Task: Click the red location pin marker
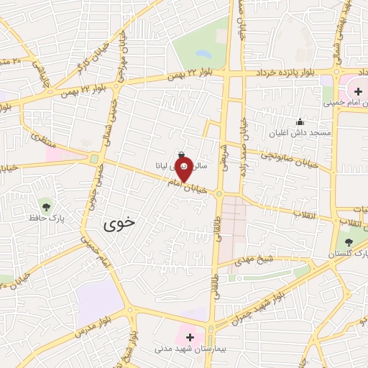183,170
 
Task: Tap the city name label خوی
119,224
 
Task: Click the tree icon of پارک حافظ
46,205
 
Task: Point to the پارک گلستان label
348,254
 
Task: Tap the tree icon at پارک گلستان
349,242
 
